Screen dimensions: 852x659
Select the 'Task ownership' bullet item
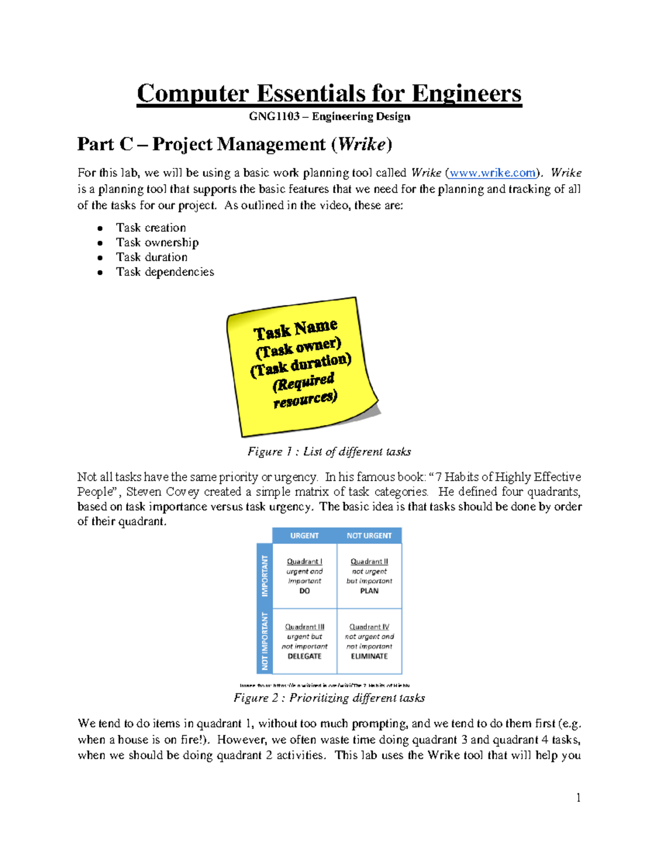tap(157, 242)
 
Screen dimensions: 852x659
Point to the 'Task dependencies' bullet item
tap(165, 272)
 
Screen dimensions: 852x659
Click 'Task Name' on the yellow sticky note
tap(295, 330)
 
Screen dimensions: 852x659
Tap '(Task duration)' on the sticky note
tap(300, 365)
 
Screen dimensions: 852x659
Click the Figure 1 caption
tap(329, 452)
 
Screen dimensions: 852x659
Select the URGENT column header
tap(304, 535)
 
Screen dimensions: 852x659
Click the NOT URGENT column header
tap(369, 535)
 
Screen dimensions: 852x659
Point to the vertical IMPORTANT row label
tap(265, 575)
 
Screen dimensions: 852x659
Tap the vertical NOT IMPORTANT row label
tap(265, 641)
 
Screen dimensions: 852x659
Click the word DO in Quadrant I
tap(304, 591)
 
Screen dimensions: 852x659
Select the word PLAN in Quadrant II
tap(369, 591)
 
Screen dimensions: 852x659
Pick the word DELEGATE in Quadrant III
tap(304, 656)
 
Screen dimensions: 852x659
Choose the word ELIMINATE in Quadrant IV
tap(369, 656)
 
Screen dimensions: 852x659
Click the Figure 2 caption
tap(329, 698)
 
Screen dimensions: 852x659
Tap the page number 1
tap(578, 798)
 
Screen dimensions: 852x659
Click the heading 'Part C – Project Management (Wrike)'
tap(234, 144)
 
